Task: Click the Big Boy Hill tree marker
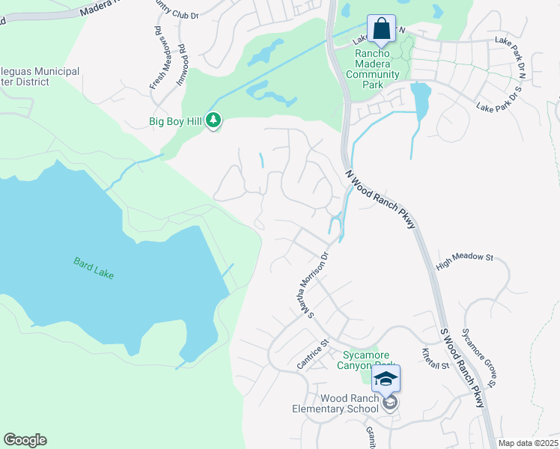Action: click(x=213, y=120)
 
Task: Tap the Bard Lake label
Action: click(x=94, y=268)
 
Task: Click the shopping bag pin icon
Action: click(x=382, y=30)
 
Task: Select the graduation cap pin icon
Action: click(x=386, y=379)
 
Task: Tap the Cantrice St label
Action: click(x=312, y=354)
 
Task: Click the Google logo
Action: click(x=25, y=440)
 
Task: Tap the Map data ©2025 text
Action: click(x=529, y=443)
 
